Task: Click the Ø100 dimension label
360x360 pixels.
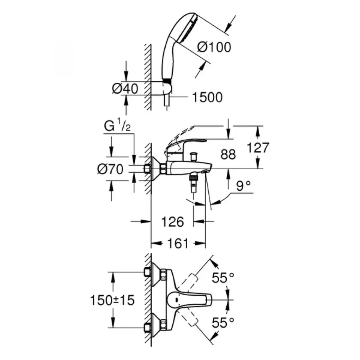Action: [x=214, y=47]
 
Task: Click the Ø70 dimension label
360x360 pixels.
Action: [x=110, y=170]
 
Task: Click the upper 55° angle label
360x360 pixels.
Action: [x=223, y=278]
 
